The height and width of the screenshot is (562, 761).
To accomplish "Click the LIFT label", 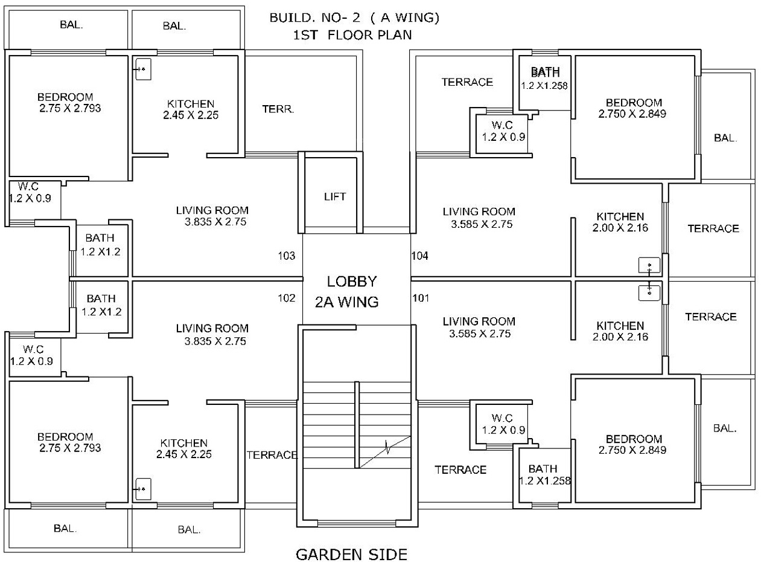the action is coord(335,196).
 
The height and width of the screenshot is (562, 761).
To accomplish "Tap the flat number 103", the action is coord(287,256).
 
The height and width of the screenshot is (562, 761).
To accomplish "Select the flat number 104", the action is coord(420,256).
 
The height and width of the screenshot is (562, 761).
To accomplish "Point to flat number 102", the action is coord(287,298).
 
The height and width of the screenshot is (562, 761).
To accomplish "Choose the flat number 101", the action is coord(421,298).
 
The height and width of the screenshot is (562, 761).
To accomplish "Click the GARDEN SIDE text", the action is coord(352,555).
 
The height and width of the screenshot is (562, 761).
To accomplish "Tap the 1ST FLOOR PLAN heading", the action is coord(352,34).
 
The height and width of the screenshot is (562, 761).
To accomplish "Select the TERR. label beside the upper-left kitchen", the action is coord(278,109).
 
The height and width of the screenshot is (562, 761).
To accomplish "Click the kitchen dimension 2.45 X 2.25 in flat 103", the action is coord(191,115).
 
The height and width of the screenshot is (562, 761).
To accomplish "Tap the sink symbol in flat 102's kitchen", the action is coord(143,489).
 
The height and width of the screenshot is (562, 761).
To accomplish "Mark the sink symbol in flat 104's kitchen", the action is coord(649,265).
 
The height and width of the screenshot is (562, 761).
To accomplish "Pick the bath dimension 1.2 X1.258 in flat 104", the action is coord(544,86).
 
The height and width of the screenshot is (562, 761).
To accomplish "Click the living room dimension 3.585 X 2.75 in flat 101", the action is coord(480,334).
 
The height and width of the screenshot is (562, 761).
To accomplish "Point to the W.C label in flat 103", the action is coord(28,186).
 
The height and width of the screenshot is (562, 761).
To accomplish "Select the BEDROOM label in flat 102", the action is coord(65,437).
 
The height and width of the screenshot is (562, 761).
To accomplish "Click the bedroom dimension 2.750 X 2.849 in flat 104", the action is coord(632,114).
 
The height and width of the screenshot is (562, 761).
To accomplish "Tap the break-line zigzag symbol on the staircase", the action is coord(387,447).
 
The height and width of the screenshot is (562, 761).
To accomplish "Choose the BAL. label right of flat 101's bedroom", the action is coord(725,428).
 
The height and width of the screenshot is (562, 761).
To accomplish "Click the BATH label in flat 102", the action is coord(101,299).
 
